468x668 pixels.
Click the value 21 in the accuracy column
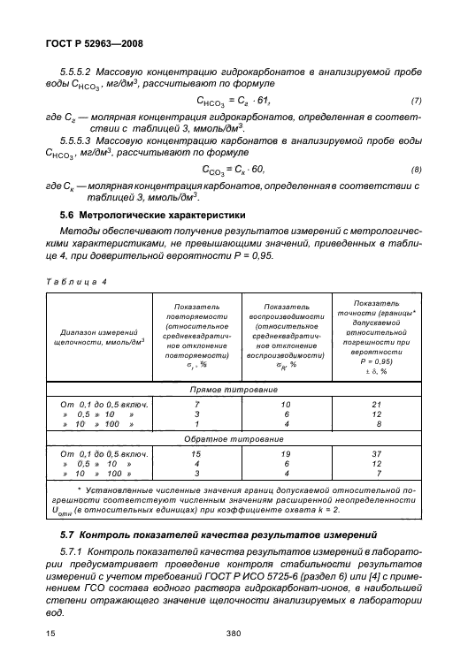[379, 403]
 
